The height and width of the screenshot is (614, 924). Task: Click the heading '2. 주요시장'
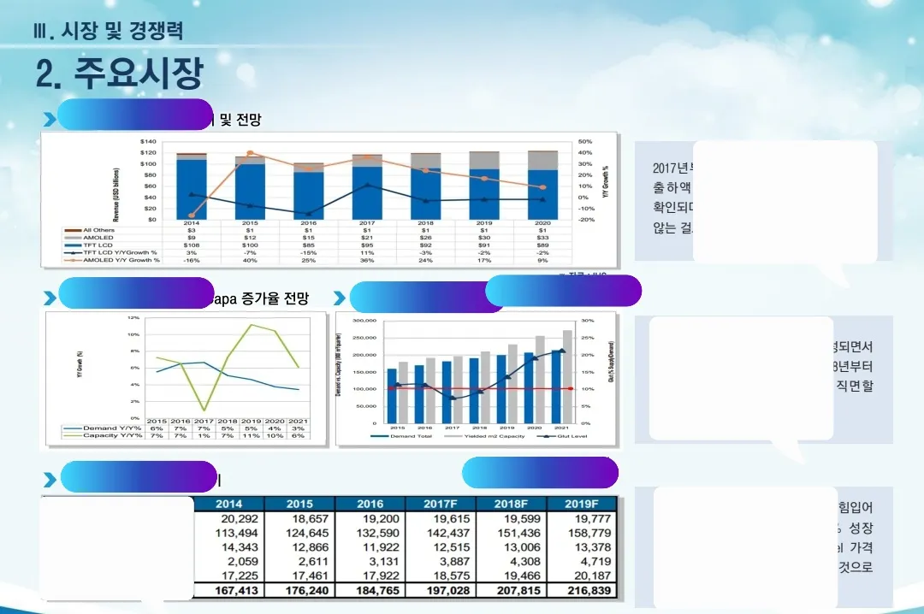point(119,74)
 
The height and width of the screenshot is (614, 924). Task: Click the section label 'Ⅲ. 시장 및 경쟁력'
point(109,32)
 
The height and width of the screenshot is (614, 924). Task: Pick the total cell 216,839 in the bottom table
point(582,591)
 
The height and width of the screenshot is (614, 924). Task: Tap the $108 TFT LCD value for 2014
point(192,245)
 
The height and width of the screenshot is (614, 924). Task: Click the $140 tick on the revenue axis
point(148,141)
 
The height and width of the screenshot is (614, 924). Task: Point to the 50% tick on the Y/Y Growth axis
point(585,141)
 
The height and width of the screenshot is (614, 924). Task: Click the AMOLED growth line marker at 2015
point(250,153)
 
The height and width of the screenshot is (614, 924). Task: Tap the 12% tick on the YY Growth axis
point(133,317)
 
